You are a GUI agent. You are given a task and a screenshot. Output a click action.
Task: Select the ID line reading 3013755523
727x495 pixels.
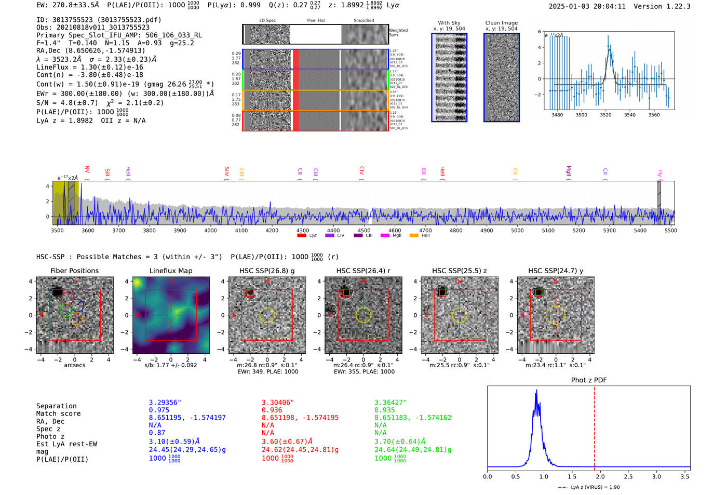(99, 20)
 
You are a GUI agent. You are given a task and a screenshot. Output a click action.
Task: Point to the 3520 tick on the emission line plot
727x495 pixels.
(605, 115)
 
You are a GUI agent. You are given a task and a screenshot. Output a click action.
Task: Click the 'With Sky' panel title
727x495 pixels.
(449, 23)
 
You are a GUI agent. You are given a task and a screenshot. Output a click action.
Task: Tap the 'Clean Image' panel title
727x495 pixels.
(501, 23)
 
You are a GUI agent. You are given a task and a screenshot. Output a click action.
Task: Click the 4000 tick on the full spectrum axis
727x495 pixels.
(210, 231)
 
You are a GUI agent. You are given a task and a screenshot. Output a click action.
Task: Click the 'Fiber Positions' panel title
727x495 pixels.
(74, 271)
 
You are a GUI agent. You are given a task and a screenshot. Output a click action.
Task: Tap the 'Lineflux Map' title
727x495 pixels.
(171, 271)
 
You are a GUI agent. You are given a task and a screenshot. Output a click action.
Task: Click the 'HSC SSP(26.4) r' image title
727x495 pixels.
(363, 271)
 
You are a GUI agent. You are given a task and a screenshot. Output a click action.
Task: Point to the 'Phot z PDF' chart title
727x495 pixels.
(589, 380)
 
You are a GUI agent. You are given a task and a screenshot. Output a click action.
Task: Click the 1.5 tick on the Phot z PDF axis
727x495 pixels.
(572, 476)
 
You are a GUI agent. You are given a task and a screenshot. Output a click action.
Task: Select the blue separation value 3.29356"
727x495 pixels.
(165, 403)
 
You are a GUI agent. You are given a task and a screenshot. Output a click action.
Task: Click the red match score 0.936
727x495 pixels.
(272, 410)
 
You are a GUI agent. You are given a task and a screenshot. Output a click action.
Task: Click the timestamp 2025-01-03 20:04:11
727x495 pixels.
(587, 6)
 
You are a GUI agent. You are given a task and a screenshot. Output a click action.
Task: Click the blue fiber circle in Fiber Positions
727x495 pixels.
(77, 305)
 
